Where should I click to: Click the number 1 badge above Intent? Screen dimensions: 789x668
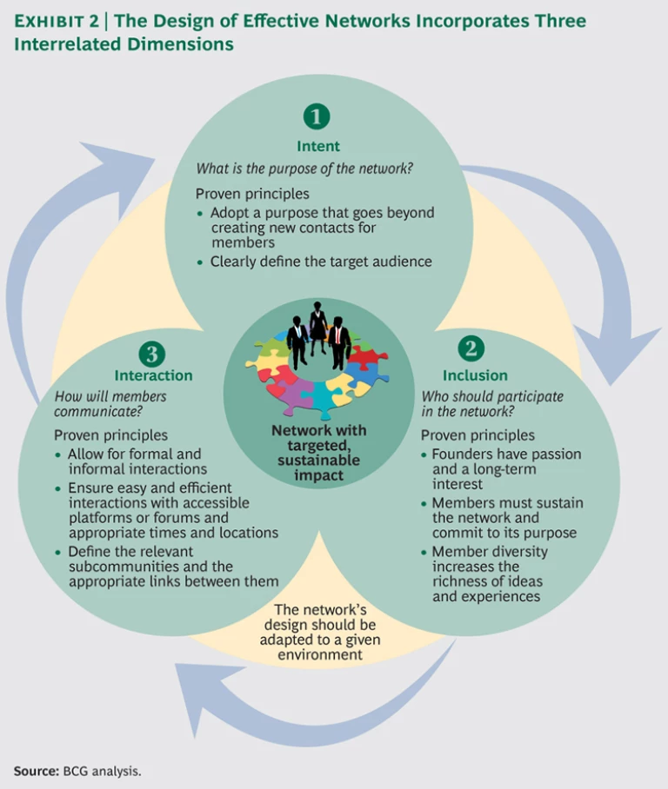pos(317,116)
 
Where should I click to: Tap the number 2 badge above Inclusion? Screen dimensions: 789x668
pos(471,348)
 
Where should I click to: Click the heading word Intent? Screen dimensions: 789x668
pos(317,146)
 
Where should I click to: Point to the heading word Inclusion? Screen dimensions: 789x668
pos(474,375)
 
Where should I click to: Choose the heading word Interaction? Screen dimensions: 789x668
pos(153,375)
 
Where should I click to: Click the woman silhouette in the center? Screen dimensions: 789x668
pos(318,327)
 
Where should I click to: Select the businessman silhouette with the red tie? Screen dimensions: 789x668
pos(340,338)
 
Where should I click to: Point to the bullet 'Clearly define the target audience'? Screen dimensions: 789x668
pos(321,261)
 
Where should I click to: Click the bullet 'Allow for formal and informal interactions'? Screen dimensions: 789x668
pos(135,461)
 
